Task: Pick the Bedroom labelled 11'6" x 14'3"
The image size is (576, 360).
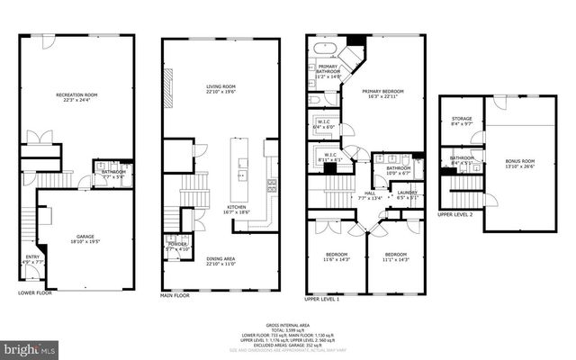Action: click(337, 256)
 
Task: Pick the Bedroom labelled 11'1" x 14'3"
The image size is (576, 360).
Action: click(394, 256)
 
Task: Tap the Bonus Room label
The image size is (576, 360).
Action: click(520, 162)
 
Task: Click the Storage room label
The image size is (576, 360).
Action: click(461, 119)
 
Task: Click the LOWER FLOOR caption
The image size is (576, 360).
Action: click(35, 292)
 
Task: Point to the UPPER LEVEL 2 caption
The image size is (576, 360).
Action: click(455, 215)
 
